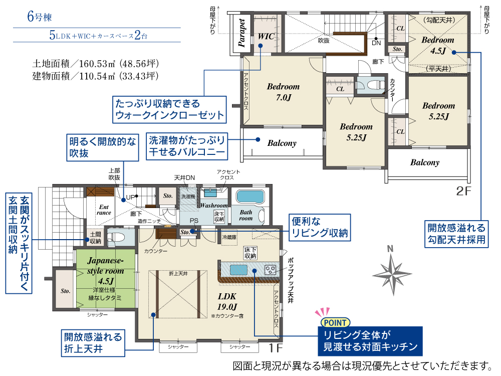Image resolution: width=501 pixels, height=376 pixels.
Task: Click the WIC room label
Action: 266,36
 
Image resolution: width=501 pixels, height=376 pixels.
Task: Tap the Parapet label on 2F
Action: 242,33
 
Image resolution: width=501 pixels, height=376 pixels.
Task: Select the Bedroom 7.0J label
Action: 284,92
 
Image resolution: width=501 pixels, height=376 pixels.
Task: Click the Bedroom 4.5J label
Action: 438,45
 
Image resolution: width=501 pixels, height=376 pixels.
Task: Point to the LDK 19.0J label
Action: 227,301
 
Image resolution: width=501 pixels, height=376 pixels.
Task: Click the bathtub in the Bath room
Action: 250,197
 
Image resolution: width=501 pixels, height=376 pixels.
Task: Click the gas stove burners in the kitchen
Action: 271,270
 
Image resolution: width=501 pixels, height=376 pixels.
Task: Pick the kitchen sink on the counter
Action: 238,270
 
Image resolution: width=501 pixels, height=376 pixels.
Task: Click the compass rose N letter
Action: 390,249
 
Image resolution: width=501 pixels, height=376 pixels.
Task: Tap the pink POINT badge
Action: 335,322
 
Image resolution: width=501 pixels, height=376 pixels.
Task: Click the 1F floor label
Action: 276,347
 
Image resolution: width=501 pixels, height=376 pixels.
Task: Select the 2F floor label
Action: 463,191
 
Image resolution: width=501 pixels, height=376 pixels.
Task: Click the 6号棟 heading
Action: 39,17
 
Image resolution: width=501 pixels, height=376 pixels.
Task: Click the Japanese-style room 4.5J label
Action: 105,271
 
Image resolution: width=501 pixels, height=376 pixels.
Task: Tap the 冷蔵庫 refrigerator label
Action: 229,237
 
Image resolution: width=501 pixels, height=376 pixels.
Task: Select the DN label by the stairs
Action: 376,43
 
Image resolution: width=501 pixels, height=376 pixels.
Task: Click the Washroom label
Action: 214,206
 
